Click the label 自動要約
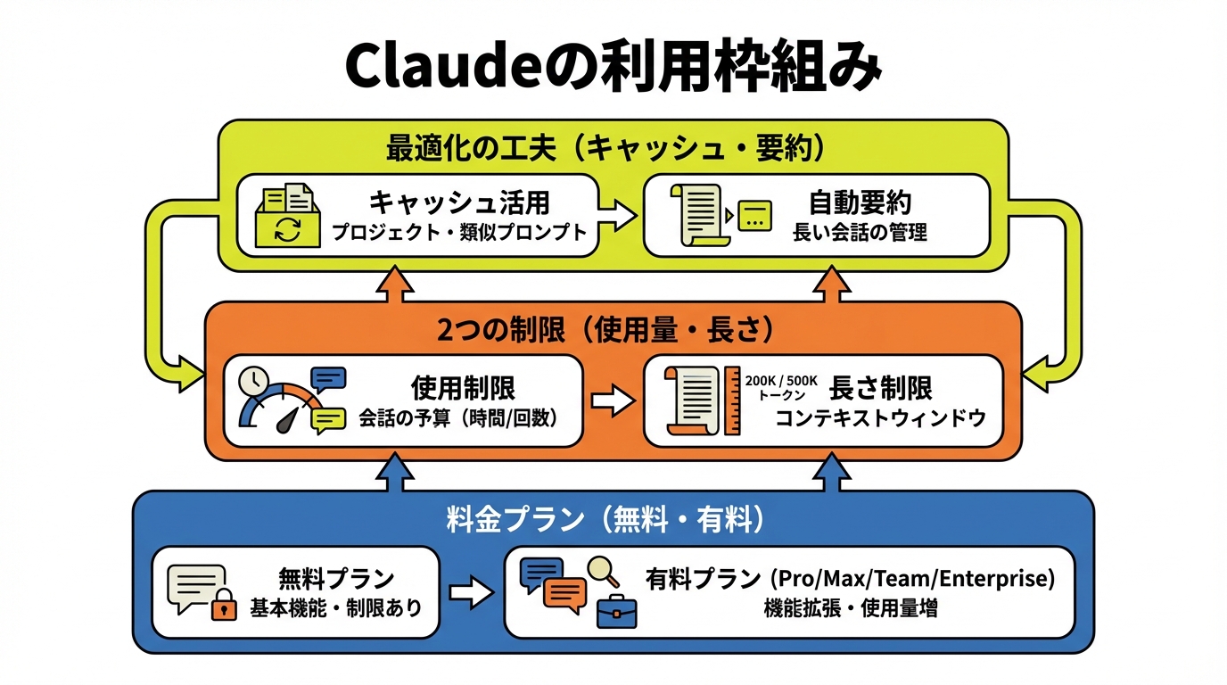[859, 203]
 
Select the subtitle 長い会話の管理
[860, 234]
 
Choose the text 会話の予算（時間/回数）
[458, 417]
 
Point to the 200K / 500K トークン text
[781, 386]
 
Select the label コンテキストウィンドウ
[880, 417]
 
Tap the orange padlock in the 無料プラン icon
[224, 608]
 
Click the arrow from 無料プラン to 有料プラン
[472, 593]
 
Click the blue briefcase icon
[616, 611]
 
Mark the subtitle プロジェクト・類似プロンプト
[459, 233]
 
